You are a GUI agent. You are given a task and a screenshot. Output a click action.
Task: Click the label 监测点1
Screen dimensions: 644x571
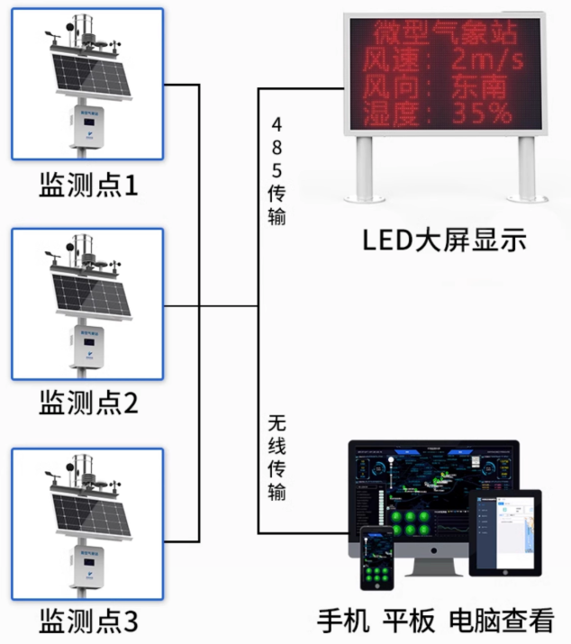tap(88, 186)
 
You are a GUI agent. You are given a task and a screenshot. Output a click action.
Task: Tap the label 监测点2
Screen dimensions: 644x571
tap(88, 403)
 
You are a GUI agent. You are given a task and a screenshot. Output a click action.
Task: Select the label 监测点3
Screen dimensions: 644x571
tap(88, 621)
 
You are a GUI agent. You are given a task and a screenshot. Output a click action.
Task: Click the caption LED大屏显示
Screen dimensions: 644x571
tap(444, 240)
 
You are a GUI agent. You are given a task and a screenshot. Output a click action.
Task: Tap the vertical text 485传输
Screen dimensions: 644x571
tap(276, 170)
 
